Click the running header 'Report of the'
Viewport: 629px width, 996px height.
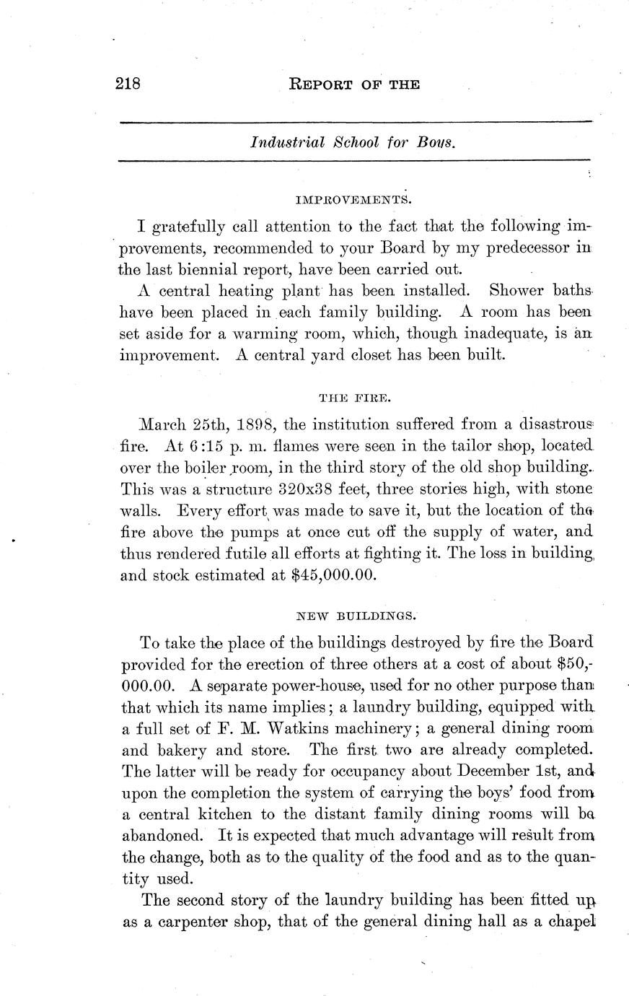click(353, 84)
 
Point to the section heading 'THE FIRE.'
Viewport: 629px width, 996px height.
click(355, 396)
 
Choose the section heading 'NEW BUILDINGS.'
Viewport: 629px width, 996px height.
click(356, 616)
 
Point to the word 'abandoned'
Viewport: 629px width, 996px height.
click(160, 835)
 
